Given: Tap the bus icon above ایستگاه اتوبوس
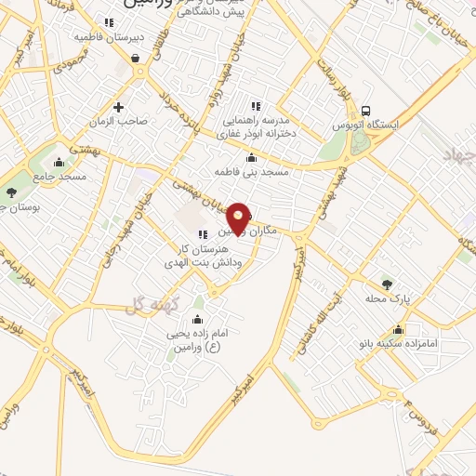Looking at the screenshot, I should [x=366, y=109].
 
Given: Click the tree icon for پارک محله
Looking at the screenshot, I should [x=388, y=284].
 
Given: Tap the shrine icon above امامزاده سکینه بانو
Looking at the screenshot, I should [x=399, y=329].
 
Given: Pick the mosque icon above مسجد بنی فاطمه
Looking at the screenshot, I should [x=252, y=157].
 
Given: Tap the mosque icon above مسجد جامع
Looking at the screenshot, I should [x=61, y=162].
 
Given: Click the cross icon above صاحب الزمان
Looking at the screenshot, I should [x=118, y=107].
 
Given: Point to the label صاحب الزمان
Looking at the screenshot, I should [x=120, y=122].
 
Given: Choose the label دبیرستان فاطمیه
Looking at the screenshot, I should [x=108, y=38].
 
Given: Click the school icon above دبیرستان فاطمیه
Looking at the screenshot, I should [x=109, y=22].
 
